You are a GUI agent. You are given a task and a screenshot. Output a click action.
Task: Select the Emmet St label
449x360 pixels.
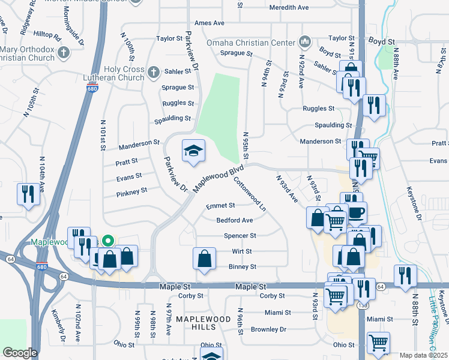[x=220, y=206]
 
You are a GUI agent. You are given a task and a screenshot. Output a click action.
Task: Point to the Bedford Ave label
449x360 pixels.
[x=235, y=220]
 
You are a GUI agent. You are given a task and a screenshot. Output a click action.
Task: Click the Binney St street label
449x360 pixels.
[x=242, y=266]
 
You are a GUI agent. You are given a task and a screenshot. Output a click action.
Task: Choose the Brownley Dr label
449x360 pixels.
[x=268, y=329]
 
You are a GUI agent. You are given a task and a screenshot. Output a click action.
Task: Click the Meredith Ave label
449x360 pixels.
[x=289, y=7]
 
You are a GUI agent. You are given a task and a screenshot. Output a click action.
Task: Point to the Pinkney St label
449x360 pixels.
[x=132, y=191]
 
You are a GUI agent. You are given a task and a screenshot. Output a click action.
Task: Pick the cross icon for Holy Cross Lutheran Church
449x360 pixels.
[x=153, y=73]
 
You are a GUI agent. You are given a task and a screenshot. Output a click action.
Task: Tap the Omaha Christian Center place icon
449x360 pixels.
[x=305, y=43]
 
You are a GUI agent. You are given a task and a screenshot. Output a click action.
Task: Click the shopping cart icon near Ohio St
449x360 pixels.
[x=379, y=343]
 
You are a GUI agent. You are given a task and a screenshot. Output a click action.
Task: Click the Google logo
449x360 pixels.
[x=20, y=353]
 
